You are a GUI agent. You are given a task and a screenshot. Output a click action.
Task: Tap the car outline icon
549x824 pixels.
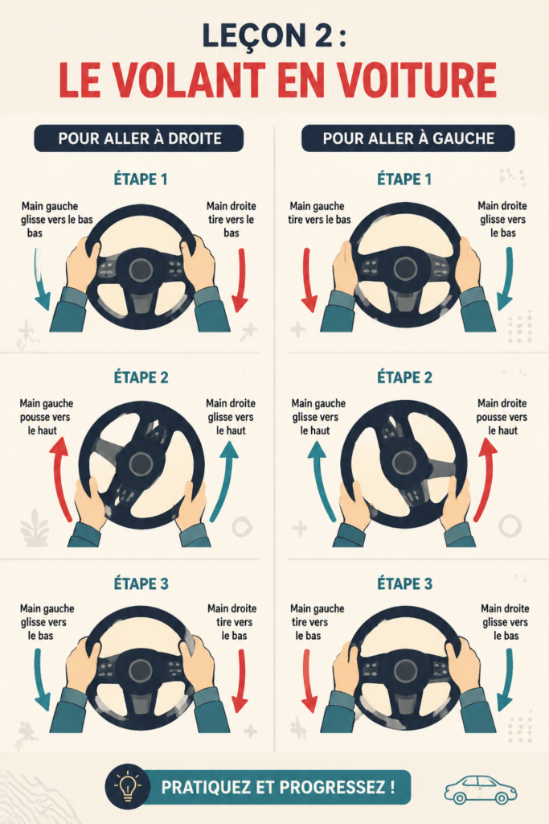point(480,789)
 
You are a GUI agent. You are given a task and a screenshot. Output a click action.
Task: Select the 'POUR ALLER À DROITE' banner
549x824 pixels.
point(139,138)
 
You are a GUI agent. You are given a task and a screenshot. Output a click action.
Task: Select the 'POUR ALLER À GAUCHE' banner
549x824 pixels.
point(408,138)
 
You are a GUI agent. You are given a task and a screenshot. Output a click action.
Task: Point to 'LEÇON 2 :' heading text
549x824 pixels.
point(274,35)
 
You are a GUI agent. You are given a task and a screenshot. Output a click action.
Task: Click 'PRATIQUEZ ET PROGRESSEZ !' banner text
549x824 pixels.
point(277,787)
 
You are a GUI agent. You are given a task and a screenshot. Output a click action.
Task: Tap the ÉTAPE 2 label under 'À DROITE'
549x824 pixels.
point(141,377)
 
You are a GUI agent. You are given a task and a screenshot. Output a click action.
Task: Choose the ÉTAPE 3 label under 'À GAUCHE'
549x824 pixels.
point(404,583)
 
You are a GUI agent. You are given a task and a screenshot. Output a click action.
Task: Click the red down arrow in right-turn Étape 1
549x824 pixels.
point(241,280)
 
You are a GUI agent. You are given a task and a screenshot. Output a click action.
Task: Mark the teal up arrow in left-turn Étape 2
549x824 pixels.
point(322,480)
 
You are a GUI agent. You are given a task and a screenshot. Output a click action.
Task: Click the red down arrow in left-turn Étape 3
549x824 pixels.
point(309,681)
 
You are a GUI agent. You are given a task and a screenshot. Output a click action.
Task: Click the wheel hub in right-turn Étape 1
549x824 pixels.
point(141,270)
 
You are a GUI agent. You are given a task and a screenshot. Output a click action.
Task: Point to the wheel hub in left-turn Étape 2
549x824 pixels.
point(404,463)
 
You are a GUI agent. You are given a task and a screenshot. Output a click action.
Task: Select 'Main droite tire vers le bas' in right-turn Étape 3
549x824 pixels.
point(232,622)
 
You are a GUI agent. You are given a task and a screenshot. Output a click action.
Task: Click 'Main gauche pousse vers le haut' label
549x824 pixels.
point(46,417)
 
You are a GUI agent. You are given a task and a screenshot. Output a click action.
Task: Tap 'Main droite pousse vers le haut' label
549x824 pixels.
point(502,417)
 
